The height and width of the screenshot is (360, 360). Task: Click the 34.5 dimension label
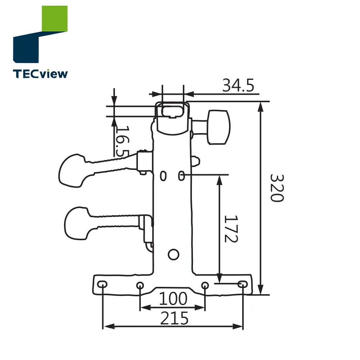238,86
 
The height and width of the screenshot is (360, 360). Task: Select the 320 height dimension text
277,188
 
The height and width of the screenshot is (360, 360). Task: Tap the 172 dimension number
230,229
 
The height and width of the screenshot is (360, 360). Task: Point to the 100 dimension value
173,299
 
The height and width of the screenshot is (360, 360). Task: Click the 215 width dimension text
174,318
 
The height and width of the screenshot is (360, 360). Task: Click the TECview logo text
40,74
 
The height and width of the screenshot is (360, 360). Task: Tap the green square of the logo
55,19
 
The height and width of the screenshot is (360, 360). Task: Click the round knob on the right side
219,127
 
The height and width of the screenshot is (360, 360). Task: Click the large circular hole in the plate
174,255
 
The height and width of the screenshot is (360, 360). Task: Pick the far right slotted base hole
243,284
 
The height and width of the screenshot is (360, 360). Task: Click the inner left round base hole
140,285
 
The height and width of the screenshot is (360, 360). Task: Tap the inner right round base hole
204,285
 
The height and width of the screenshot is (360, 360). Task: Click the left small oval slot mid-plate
163,176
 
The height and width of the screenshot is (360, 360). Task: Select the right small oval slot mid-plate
181,176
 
